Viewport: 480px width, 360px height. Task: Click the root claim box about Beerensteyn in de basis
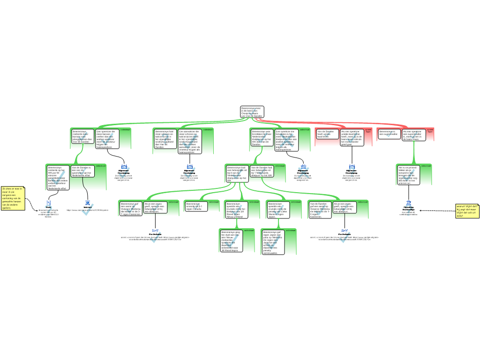(252, 112)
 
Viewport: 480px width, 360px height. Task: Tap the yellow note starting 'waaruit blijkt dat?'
(466, 210)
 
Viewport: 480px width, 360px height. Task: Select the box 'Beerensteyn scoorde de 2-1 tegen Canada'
(195, 207)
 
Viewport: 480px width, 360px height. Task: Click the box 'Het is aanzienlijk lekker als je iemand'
(409, 175)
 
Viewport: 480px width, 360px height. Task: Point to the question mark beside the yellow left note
(48, 209)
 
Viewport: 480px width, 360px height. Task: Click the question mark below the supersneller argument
(409, 209)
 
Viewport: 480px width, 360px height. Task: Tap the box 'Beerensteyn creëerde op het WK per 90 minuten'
(58, 177)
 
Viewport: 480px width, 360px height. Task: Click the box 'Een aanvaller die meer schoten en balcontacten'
(189, 141)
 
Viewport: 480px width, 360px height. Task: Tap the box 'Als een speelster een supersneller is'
(413, 134)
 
